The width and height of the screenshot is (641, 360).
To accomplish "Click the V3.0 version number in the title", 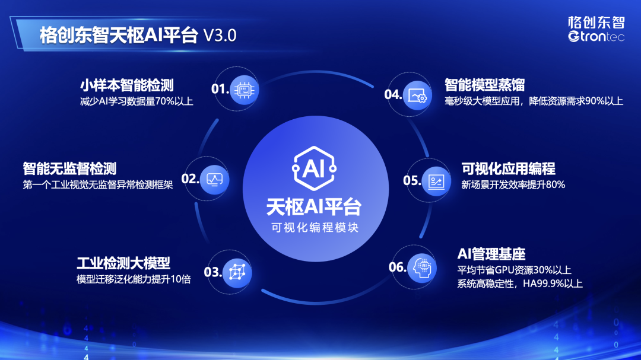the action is [220, 36].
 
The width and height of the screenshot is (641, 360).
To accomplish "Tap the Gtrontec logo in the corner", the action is [596, 28].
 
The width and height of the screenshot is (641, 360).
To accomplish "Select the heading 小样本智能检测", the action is [127, 85].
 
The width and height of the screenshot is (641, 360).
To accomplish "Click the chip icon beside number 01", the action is [245, 90].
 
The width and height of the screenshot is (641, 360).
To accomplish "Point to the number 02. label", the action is [191, 179].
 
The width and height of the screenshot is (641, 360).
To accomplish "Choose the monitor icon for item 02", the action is [215, 180].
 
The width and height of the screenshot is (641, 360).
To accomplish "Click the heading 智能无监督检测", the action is [69, 168].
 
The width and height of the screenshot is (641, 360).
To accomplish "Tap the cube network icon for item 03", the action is [237, 272].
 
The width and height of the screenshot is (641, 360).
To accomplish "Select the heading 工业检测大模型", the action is [123, 263].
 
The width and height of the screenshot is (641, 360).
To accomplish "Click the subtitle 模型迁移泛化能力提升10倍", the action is [134, 279].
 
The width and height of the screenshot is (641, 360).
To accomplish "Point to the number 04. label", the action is [394, 94].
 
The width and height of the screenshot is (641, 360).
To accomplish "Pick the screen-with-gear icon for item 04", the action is [417, 96].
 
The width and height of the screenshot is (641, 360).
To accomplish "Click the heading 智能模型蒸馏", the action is [485, 85].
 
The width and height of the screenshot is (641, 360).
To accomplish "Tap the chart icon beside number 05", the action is [436, 181].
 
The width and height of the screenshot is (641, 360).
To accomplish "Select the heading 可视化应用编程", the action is [508, 168].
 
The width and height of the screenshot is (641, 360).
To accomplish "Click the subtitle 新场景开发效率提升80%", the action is [513, 184].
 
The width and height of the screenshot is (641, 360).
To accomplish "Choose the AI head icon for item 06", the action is [423, 268].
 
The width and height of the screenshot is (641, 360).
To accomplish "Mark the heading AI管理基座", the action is [491, 254].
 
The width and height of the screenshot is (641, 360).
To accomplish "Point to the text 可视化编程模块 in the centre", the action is [315, 228].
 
